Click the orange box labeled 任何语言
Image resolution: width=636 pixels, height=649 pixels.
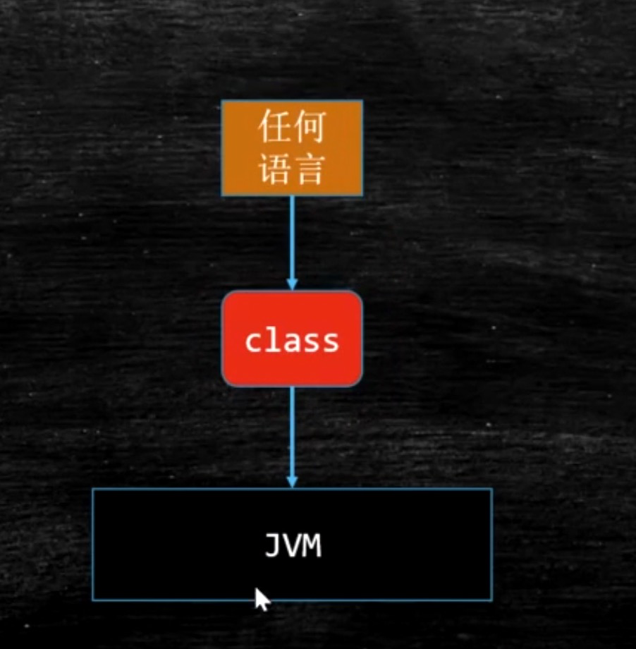[292, 147]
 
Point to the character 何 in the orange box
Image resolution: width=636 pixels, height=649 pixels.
[309, 126]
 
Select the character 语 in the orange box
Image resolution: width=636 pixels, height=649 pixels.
[275, 169]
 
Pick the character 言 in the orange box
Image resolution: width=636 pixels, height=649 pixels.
[309, 169]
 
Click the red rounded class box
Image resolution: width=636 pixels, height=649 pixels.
[292, 339]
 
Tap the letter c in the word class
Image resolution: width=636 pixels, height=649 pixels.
[254, 342]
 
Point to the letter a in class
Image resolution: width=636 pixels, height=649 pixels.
[292, 342]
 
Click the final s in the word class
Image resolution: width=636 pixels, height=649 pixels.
[330, 342]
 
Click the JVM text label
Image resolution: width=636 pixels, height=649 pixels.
[293, 545]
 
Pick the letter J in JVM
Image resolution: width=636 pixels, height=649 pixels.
[273, 545]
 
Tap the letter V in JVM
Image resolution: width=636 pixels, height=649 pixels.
[293, 545]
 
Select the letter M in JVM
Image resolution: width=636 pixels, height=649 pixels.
[312, 545]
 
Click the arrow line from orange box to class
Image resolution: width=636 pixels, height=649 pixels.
[292, 243]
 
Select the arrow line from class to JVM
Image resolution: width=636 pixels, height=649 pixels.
[292, 437]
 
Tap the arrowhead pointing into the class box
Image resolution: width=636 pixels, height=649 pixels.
[292, 284]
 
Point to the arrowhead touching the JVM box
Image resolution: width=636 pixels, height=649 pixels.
[292, 482]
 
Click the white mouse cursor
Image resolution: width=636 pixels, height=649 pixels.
[262, 600]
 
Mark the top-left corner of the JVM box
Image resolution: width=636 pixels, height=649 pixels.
[92, 489]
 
